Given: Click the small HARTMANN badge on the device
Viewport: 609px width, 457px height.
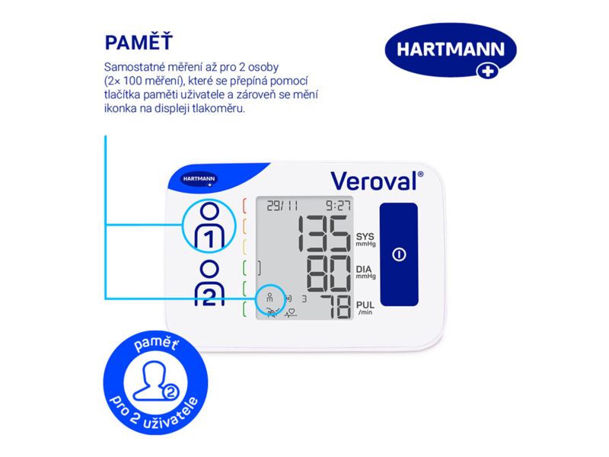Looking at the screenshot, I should point(198,180).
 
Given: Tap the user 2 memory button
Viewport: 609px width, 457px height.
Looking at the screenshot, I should point(209,284).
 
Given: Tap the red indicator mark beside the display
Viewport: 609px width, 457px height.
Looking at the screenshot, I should point(245,206).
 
